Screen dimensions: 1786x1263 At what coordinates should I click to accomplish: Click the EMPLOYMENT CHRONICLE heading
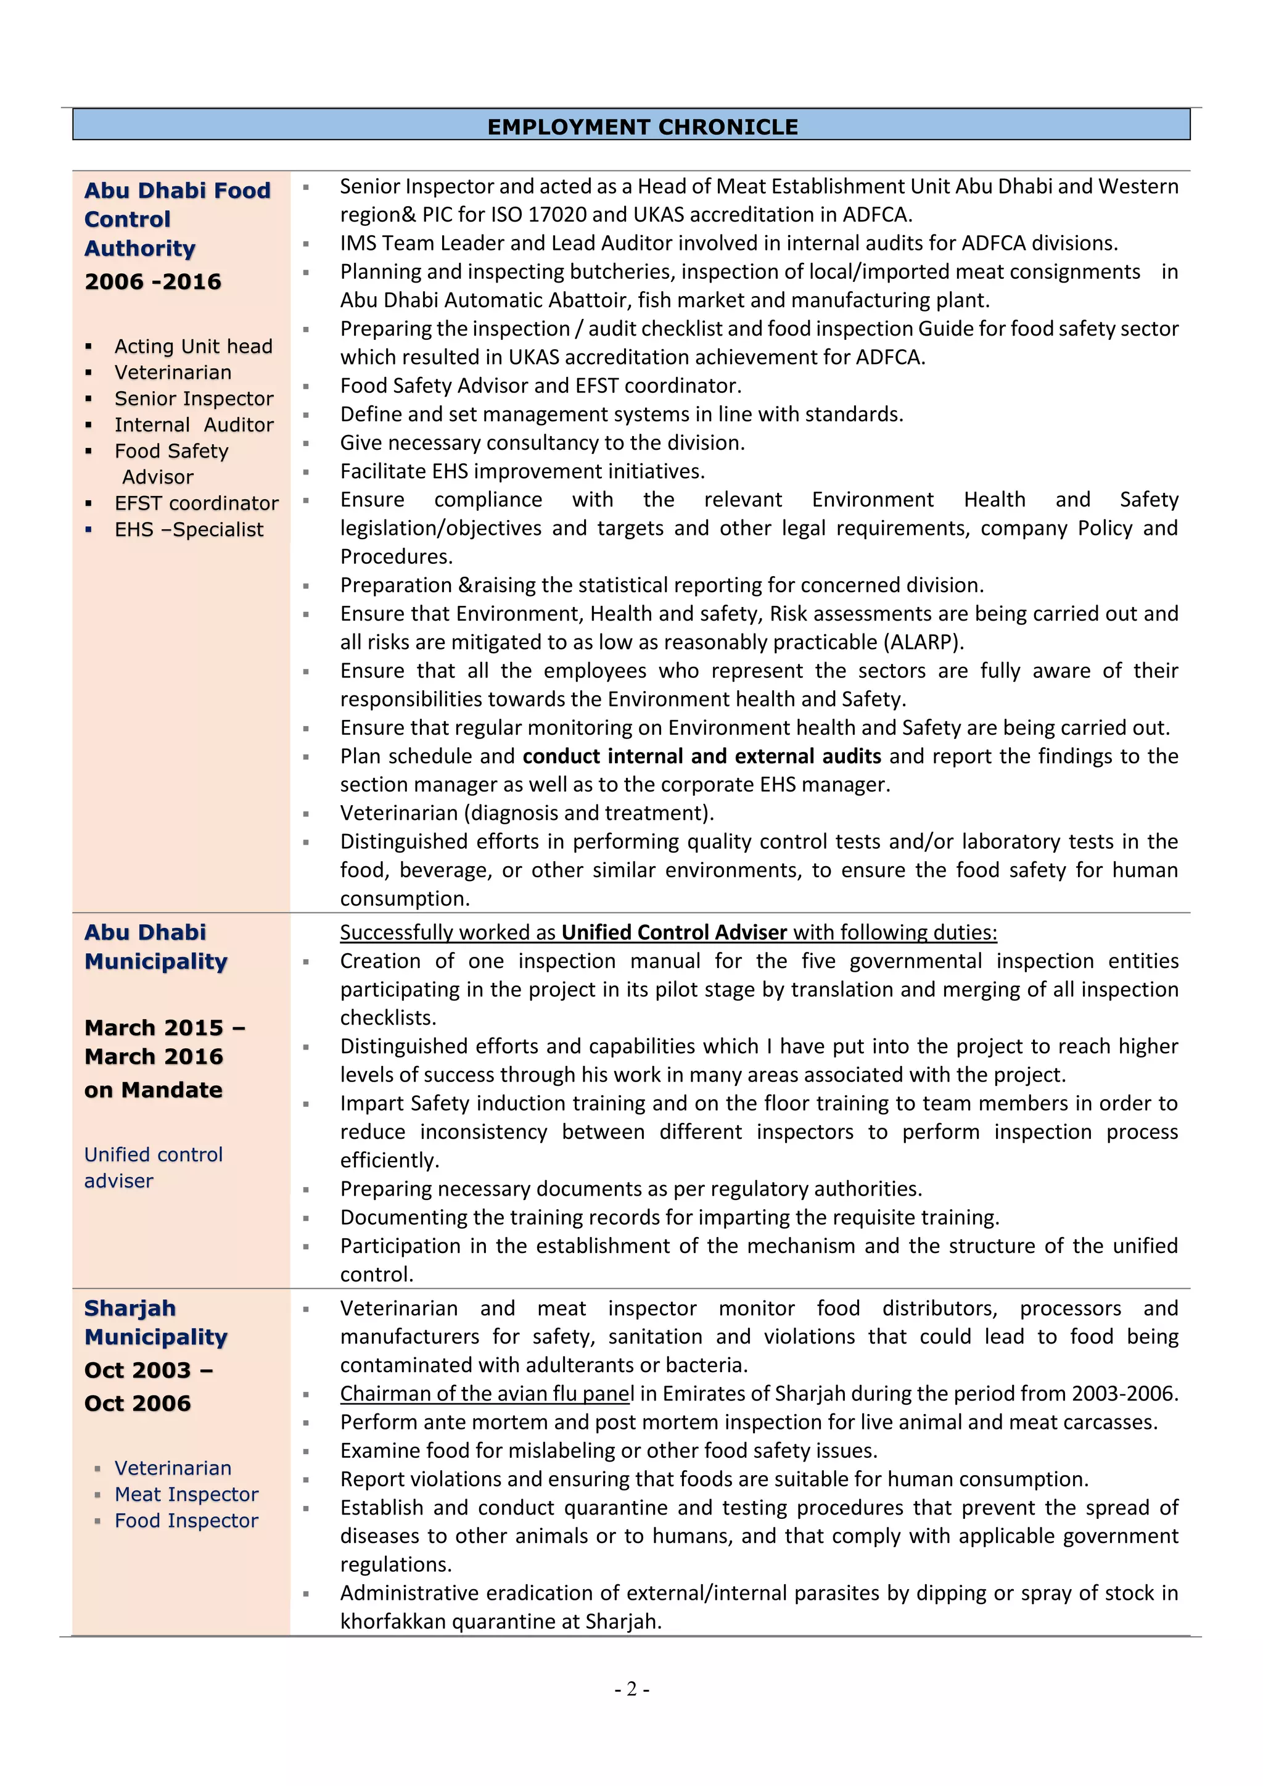tap(643, 127)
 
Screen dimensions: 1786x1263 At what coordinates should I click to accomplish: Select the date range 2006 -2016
tap(153, 281)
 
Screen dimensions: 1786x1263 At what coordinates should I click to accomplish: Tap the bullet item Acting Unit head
tap(193, 346)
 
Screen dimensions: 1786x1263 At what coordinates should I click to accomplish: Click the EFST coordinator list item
tap(196, 503)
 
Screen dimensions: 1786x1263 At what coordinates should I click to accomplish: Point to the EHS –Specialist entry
tap(189, 530)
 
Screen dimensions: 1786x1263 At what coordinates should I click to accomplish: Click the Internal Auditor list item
tap(194, 424)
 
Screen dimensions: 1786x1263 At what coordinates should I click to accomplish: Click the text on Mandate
tap(153, 1090)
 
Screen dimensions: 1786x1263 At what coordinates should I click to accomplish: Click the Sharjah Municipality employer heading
tap(155, 1323)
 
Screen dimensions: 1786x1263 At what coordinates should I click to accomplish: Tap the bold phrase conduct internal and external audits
tap(701, 756)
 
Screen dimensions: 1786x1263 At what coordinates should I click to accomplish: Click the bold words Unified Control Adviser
tap(674, 933)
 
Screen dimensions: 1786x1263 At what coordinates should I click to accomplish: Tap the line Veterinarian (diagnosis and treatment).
tap(527, 813)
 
